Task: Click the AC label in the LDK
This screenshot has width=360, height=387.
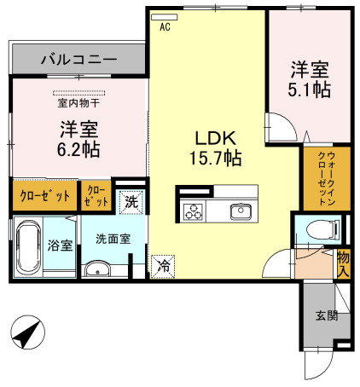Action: pos(165,26)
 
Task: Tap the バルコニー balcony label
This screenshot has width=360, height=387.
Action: pos(78,61)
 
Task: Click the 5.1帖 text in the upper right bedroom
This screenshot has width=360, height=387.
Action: pos(309,90)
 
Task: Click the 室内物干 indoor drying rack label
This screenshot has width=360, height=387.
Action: pos(78,104)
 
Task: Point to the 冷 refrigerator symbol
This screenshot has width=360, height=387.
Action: pos(160,266)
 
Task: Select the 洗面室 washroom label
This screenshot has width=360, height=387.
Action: pos(113,240)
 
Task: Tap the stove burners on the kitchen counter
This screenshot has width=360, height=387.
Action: pos(191,211)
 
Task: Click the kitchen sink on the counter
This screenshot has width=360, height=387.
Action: pos(240,211)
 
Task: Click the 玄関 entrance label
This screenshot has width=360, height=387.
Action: pos(326,316)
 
